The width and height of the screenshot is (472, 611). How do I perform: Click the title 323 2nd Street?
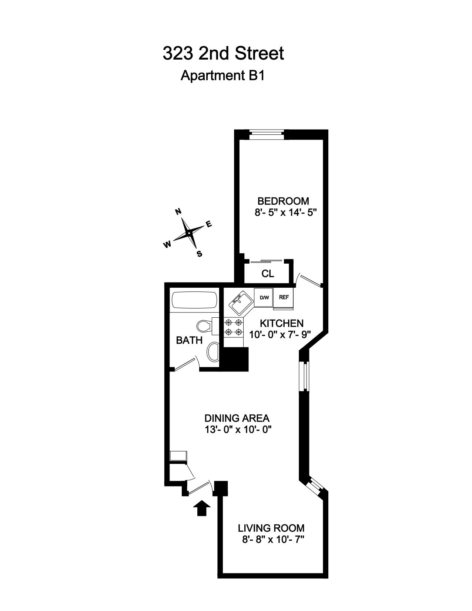[x=223, y=54]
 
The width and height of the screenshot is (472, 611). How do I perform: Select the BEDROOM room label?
[x=283, y=201]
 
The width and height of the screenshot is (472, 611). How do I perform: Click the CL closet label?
[x=268, y=274]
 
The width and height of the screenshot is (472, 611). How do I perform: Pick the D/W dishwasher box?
[x=264, y=297]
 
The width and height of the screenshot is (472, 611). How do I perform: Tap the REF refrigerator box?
[x=284, y=297]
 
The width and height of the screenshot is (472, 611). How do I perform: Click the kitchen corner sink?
[x=240, y=303]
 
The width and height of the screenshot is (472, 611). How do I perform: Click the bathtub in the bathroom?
[x=194, y=300]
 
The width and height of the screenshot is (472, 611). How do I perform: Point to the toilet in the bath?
[x=204, y=326]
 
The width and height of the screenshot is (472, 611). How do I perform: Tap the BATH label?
[x=189, y=340]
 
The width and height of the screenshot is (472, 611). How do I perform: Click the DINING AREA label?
[x=237, y=418]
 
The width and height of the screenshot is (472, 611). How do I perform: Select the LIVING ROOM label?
[x=271, y=528]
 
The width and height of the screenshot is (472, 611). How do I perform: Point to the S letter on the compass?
[x=200, y=254]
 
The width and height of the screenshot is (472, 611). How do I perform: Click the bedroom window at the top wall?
[x=267, y=134]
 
